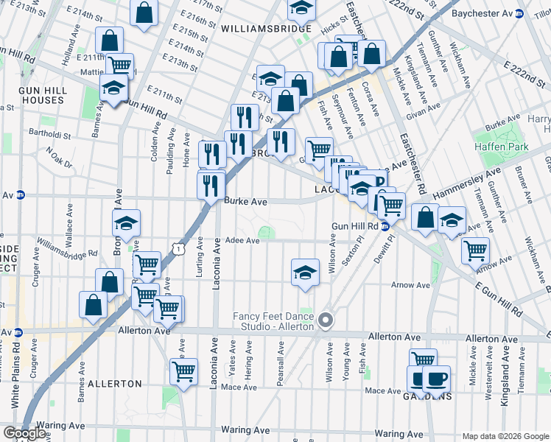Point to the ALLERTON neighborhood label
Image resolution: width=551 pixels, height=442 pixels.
[x=114, y=384]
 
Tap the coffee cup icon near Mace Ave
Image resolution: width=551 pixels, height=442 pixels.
[x=437, y=379]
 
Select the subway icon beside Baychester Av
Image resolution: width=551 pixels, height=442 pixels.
[x=519, y=13]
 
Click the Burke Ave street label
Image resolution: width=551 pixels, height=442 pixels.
[x=245, y=200]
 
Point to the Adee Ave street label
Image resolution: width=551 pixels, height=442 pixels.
[x=242, y=241]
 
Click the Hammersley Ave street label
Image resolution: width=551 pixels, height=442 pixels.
[x=467, y=182]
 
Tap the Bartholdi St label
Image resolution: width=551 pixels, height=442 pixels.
[x=50, y=135]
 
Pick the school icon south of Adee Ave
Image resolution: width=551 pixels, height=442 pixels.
[x=304, y=272]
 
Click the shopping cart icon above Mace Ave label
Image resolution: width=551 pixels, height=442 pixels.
[x=183, y=371]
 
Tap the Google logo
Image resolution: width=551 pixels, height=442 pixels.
[x=24, y=432]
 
